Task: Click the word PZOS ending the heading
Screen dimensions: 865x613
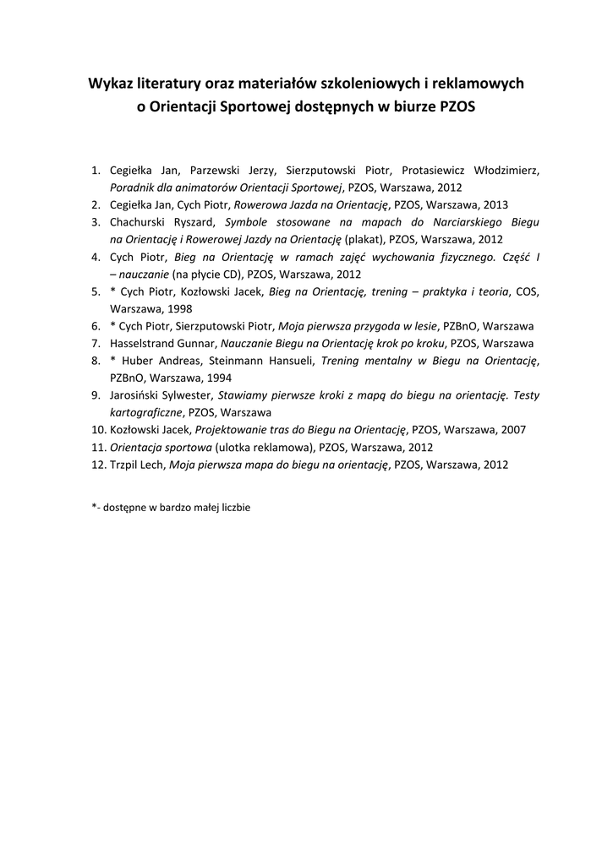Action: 458,108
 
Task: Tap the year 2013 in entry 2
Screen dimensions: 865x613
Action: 495,204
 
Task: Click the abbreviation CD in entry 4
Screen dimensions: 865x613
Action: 231,275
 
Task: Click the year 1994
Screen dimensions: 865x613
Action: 217,378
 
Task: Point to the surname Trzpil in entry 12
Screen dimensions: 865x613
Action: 123,465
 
